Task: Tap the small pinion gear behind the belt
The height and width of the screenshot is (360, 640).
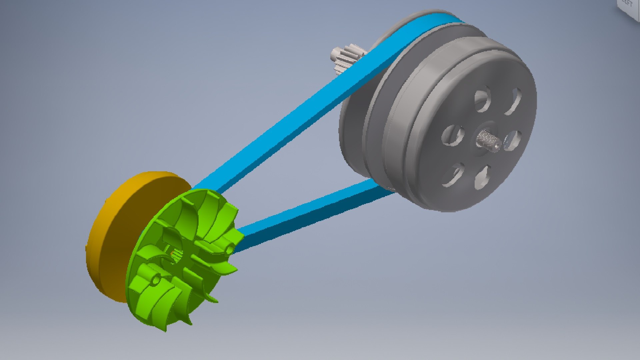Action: point(347,58)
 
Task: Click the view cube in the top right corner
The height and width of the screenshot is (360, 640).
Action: point(630,8)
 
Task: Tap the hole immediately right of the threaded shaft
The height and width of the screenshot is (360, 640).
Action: point(512,140)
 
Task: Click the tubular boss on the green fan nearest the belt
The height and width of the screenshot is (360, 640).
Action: point(230,248)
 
